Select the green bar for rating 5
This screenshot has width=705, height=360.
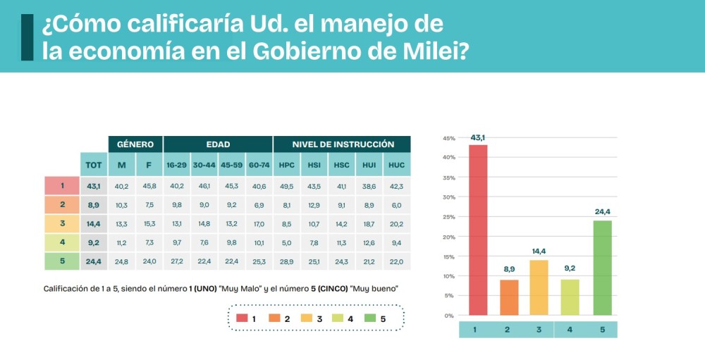pyautogui.click(x=603, y=268)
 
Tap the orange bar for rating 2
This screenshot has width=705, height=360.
pyautogui.click(x=509, y=297)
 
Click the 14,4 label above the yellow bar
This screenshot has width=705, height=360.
pyautogui.click(x=539, y=251)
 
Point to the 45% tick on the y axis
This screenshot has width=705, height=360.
pyautogui.click(x=448, y=138)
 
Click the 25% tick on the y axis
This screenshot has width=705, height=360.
pyautogui.click(x=448, y=217)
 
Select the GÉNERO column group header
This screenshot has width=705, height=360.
pyautogui.click(x=135, y=144)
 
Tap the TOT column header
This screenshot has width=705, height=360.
pyautogui.click(x=93, y=165)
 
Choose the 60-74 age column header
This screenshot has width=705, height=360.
pyautogui.click(x=259, y=165)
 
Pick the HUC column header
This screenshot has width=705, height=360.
pyautogui.click(x=396, y=165)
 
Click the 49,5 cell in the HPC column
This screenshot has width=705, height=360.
pyautogui.click(x=286, y=186)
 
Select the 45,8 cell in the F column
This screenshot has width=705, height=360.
pyautogui.click(x=149, y=186)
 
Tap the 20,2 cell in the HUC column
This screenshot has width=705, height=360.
pyautogui.click(x=396, y=224)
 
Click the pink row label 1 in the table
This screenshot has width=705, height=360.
pyautogui.click(x=62, y=186)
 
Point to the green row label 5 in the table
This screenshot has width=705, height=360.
pyautogui.click(x=62, y=261)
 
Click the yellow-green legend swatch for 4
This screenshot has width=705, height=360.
pyautogui.click(x=337, y=318)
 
